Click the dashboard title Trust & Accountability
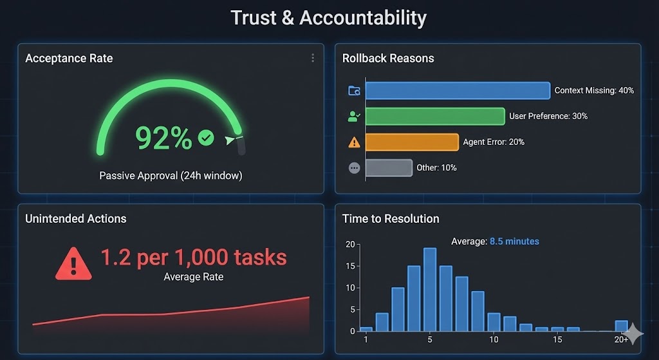[x=329, y=17]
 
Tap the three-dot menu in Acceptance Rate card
[x=313, y=58]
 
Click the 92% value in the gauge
[x=163, y=138]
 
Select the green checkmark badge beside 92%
[x=206, y=137]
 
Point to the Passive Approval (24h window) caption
[x=171, y=175]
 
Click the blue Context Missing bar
[x=458, y=90]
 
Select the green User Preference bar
[x=435, y=116]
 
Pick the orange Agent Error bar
[x=412, y=142]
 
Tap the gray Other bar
[x=389, y=167]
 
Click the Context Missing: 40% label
[x=594, y=90]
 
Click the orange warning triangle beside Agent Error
[x=354, y=142]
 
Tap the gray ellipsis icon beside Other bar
[x=354, y=167]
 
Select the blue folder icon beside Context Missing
[x=354, y=91]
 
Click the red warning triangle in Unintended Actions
[x=73, y=263]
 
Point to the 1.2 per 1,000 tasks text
[x=193, y=257]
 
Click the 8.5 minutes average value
[x=514, y=242]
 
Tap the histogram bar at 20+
[x=621, y=326]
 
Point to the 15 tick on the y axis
[x=350, y=266]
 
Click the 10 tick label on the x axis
[x=494, y=339]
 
